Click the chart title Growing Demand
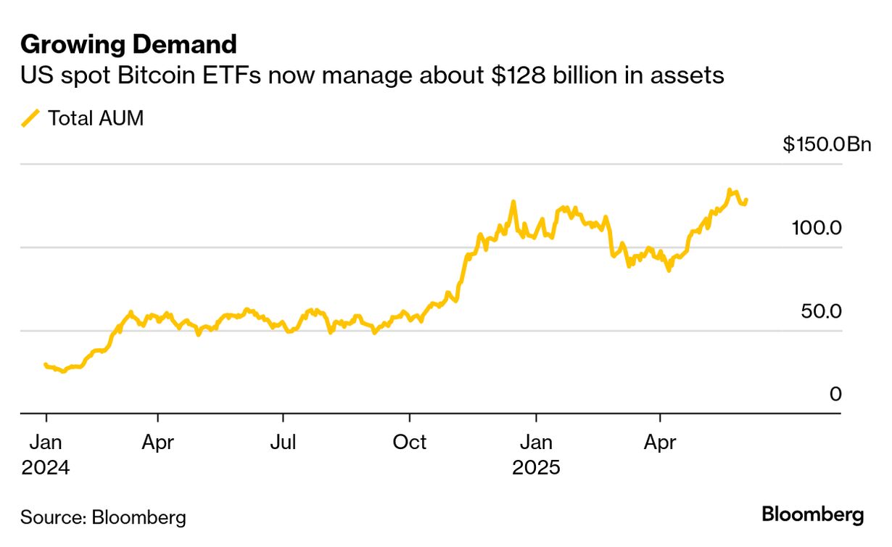click(x=128, y=45)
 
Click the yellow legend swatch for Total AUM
click(x=30, y=118)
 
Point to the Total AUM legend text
click(x=95, y=118)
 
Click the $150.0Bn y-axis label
click(x=826, y=144)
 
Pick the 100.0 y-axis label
click(x=816, y=228)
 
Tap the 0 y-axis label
click(x=835, y=394)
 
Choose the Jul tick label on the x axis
click(x=283, y=441)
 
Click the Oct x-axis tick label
click(x=410, y=441)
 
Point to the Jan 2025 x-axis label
click(x=536, y=453)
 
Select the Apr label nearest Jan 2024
click(x=157, y=441)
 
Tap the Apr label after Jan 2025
click(x=661, y=441)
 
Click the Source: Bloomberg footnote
click(x=103, y=517)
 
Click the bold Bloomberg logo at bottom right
click(x=812, y=515)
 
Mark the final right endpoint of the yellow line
click(x=746, y=200)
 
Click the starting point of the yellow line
click(x=45, y=364)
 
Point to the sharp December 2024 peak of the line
click(x=513, y=202)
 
